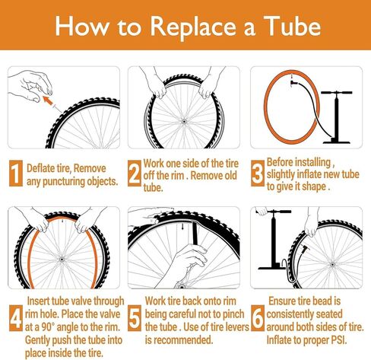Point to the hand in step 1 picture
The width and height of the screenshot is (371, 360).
[32, 81]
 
